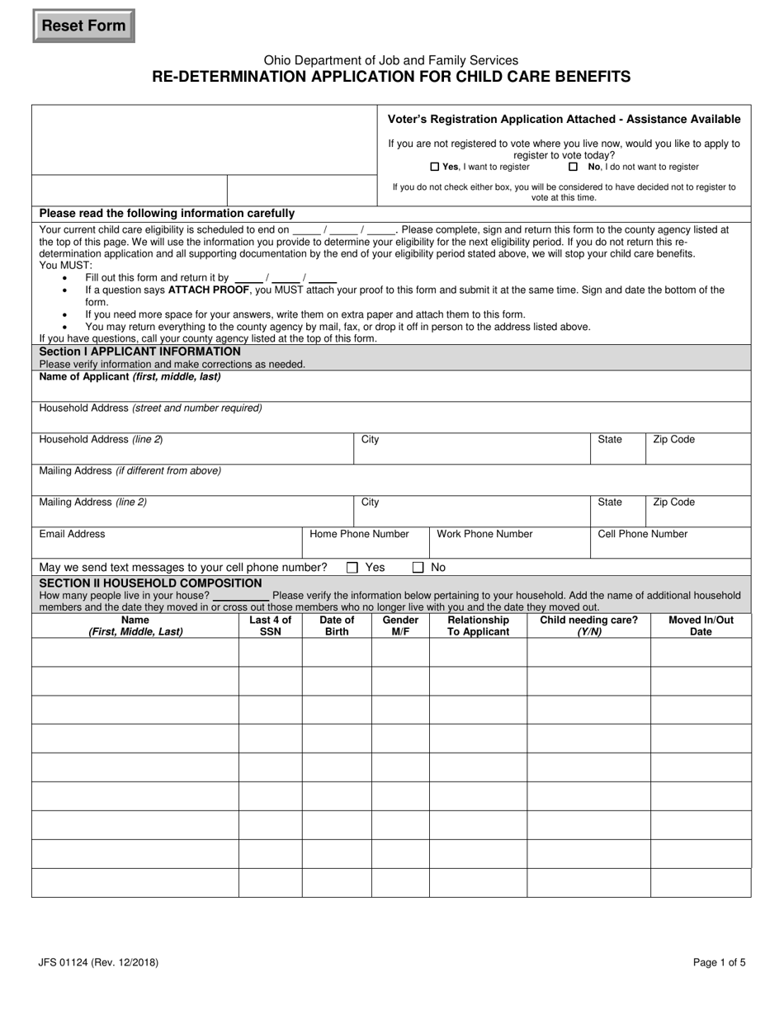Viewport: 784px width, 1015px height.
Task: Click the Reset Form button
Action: (83, 26)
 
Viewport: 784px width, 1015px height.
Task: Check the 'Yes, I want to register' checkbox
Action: (435, 167)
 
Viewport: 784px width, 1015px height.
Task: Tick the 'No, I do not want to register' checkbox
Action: (574, 167)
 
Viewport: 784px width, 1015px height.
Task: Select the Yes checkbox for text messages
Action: (352, 568)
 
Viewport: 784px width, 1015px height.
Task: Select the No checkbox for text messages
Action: (418, 568)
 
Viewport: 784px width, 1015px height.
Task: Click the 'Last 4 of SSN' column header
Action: (270, 626)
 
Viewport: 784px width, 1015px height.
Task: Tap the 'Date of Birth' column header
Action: (337, 626)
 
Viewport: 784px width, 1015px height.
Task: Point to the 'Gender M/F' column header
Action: (400, 626)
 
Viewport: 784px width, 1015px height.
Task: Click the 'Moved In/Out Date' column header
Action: (701, 626)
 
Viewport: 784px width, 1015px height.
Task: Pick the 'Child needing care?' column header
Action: (588, 626)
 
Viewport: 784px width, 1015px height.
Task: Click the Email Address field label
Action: (73, 534)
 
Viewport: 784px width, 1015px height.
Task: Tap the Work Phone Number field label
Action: (484, 534)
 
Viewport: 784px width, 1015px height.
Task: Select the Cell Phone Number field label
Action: (642, 534)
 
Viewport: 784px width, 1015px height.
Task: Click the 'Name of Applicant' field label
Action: (130, 377)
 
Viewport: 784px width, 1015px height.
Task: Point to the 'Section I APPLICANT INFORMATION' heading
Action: (140, 352)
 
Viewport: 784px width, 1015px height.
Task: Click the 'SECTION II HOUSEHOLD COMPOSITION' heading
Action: (150, 583)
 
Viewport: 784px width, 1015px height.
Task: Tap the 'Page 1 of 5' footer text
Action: (720, 962)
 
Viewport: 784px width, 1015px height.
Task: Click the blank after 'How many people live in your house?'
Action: (241, 596)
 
